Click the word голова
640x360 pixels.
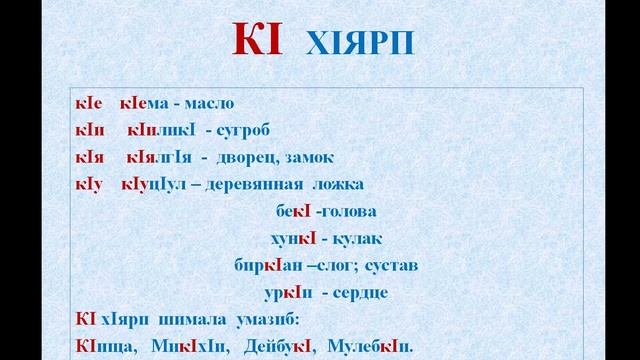pos(341,212)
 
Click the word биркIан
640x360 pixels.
pos(262,265)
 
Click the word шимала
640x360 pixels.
pos(184,320)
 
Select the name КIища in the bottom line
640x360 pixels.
pos(103,346)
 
